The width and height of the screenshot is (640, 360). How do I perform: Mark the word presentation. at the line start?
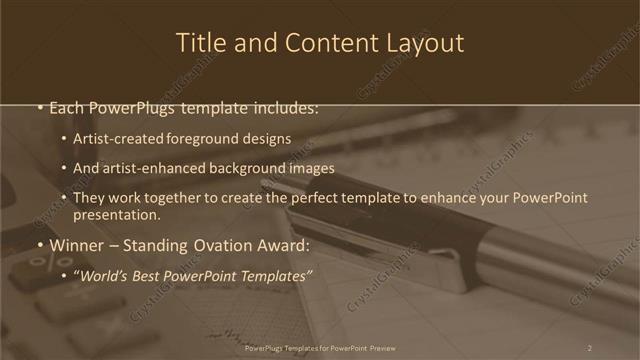coord(117,214)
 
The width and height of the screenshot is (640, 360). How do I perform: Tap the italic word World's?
coord(103,274)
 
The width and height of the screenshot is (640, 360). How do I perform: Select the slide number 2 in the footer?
coord(589,348)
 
